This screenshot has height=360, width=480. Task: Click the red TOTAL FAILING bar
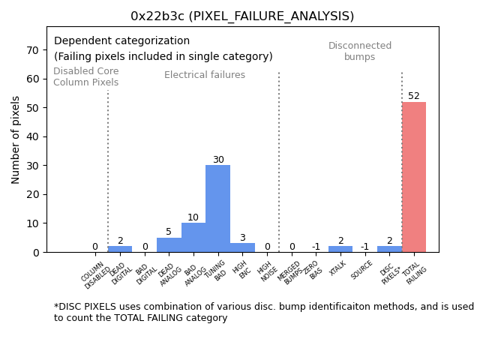point(414,177)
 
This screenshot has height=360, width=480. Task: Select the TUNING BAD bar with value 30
point(217,208)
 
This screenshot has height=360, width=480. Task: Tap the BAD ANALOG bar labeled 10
point(193,238)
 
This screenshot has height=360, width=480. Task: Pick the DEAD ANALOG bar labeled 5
point(169,245)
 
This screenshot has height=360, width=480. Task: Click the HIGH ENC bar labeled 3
point(242,247)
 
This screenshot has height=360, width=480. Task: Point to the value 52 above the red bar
point(414,96)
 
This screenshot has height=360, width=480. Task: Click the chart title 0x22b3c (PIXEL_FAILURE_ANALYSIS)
point(242,16)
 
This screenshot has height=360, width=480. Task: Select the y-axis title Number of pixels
point(16,139)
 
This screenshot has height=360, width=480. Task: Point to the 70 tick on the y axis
point(33,50)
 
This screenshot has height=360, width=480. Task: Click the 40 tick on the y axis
point(33,137)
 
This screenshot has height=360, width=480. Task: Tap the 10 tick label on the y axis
point(33,223)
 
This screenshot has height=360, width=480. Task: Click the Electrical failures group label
point(205,75)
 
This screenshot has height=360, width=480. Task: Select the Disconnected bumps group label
point(360,51)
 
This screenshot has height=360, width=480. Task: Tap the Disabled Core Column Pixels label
point(85,76)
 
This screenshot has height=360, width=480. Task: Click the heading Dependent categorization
point(121,41)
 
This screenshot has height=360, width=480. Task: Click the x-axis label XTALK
point(338,268)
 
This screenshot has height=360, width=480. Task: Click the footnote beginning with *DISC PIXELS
point(263,312)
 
